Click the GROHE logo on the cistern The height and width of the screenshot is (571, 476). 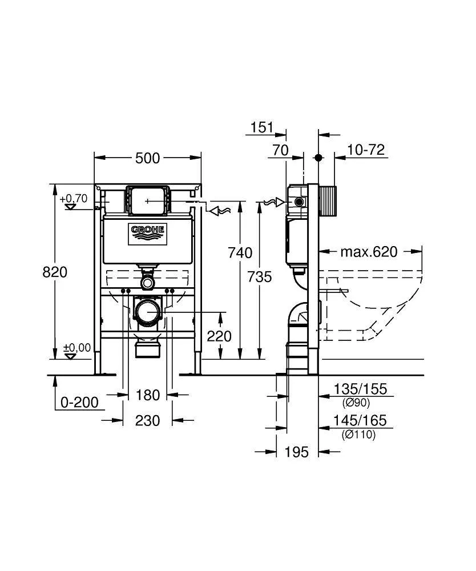coord(147,234)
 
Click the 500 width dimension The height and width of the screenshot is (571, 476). coord(147,158)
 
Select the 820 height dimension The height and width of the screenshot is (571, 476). coord(55,272)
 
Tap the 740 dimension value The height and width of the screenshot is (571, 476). coord(240,252)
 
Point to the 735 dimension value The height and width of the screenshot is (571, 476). coord(260,277)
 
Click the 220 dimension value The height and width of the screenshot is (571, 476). coord(219,336)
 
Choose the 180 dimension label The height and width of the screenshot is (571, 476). coord(147,395)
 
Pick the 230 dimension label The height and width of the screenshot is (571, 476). coord(147,421)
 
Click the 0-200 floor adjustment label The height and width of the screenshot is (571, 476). coord(79,403)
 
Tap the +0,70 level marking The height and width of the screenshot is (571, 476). coord(74,199)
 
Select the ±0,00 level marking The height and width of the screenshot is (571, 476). coord(77,347)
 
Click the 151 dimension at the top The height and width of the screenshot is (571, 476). coord(262,127)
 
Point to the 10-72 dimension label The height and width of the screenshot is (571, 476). coord(366,150)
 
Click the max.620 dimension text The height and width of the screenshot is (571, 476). coord(369,252)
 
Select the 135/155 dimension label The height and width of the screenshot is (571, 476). coord(360,389)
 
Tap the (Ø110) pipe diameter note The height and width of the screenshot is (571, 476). coord(358,435)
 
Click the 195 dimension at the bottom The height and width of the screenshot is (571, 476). coord(297,452)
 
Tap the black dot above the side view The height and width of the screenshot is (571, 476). coord(318,158)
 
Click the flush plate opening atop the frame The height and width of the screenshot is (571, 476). coord(147,200)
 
